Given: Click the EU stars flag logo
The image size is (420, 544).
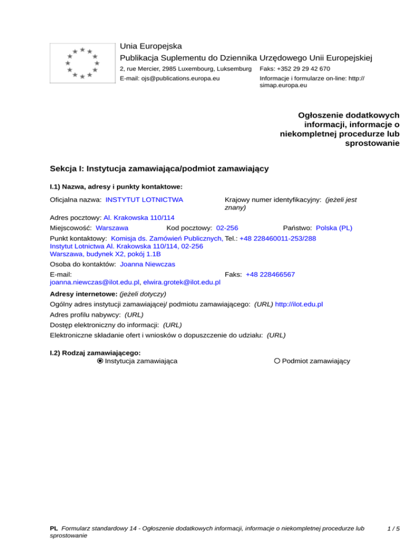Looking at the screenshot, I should pos(81,63).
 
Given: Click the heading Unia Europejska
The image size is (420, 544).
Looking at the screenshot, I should pos(151,45).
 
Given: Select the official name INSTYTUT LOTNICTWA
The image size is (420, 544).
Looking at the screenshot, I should pos(144,200).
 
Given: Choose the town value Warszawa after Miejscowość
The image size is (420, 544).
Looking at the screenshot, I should pos(112,227).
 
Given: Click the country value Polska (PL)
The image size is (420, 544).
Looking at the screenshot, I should pos(337,227).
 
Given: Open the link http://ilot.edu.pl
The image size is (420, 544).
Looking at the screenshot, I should pos(299,303).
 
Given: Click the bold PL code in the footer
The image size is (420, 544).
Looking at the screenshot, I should pos(54,529).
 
